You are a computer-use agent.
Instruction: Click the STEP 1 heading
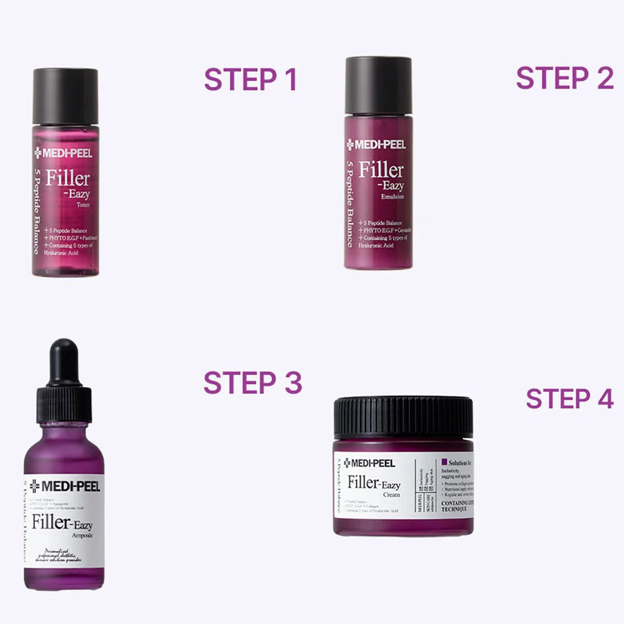click(250, 80)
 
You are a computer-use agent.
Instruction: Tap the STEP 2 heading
click(565, 78)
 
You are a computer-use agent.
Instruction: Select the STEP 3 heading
click(253, 383)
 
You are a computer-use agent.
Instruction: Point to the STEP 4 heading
click(570, 399)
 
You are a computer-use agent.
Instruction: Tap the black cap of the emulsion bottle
click(378, 85)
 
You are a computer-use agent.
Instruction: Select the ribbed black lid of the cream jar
click(403, 417)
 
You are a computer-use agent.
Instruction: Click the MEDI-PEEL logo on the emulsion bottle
click(376, 145)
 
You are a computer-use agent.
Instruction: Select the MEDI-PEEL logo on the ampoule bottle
click(64, 486)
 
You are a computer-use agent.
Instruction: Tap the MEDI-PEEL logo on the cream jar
click(369, 463)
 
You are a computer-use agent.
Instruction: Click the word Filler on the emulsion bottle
click(381, 169)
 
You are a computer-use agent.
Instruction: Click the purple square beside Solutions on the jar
click(444, 462)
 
